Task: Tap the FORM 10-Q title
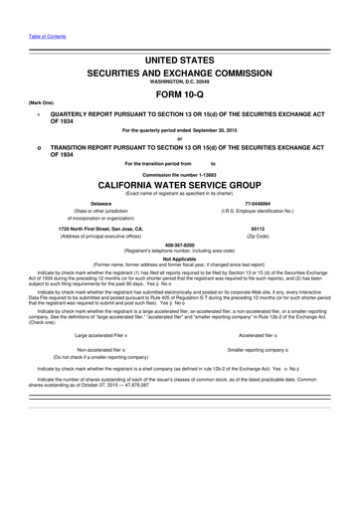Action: (181, 94)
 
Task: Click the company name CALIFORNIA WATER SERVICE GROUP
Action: (180, 185)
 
